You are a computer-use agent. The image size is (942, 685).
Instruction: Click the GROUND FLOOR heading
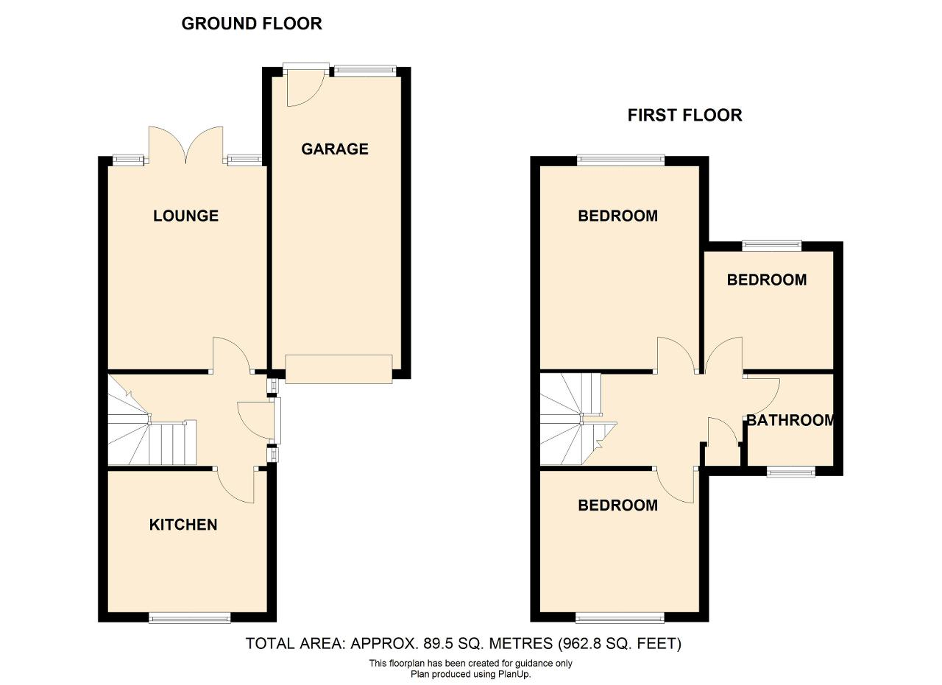pos(252,24)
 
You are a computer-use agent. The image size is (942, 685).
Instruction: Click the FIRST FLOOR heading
pos(684,116)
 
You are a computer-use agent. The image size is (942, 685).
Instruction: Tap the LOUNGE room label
pos(186,216)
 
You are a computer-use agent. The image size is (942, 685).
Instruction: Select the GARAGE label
pos(335,149)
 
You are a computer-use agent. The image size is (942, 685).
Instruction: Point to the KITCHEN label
pos(183,525)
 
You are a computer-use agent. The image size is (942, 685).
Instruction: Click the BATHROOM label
pos(790,420)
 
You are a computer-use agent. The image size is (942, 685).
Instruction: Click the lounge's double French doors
pos(186,145)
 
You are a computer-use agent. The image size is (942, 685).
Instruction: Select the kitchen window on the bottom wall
pos(190,618)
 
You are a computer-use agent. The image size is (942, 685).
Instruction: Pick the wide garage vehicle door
pos(339,369)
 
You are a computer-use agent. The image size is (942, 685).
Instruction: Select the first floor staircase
pos(578,419)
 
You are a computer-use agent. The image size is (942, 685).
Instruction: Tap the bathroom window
pos(791,472)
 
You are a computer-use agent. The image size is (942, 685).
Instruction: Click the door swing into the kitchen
pos(236,485)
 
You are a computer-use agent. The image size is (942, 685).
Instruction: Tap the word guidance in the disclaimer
pos(523,664)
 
